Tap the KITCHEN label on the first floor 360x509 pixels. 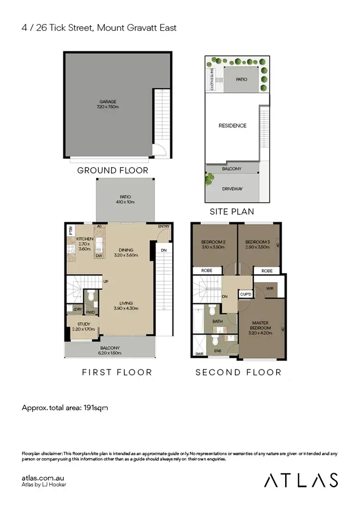pos(84,239)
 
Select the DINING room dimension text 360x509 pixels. pos(124,255)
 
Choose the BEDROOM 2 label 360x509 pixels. pos(213,242)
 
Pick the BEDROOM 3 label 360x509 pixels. pos(256,242)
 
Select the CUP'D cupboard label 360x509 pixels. pos(245,294)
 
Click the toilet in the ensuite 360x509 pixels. pos(216,340)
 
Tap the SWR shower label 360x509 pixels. pos(199,355)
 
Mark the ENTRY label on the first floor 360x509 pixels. pos(164,226)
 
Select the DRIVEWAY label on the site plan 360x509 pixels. pos(232,189)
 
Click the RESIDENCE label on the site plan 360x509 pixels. pos(232,126)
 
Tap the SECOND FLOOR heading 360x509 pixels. pos(238,372)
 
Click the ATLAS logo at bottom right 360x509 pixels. pos(301,480)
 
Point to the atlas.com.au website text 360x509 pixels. pos(43,478)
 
